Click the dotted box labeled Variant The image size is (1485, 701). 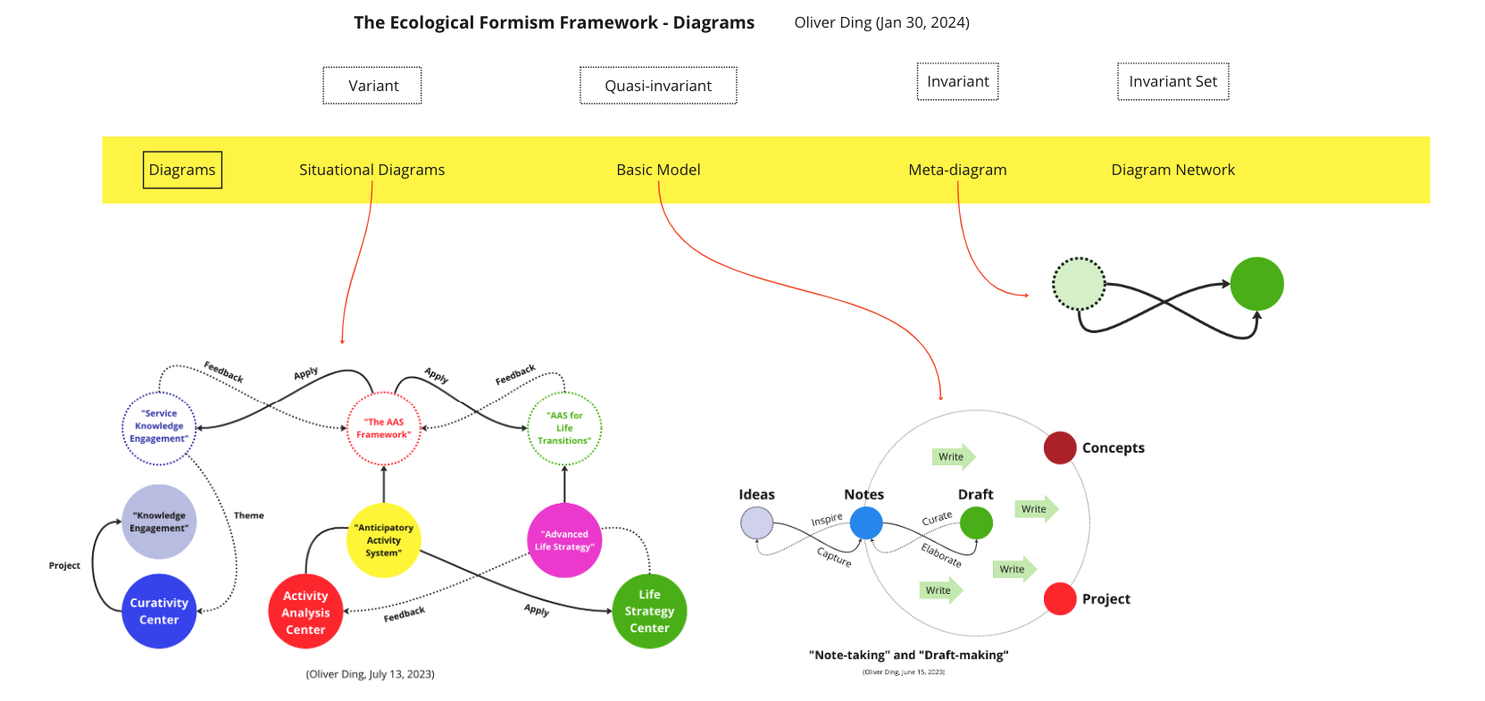(372, 86)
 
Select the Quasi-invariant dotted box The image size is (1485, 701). (658, 86)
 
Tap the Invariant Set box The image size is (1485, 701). (1172, 81)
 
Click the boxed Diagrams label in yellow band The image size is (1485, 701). (182, 170)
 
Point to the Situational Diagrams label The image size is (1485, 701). (371, 170)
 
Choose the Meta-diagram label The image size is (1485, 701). (957, 170)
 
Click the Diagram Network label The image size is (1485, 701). (1172, 170)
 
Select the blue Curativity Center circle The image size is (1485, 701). (159, 611)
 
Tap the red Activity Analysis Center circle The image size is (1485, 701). (305, 613)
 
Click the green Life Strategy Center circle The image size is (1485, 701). (649, 611)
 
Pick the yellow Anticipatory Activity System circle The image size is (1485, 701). (383, 540)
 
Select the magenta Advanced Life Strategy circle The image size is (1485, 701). (564, 540)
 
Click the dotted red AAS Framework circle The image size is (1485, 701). (383, 429)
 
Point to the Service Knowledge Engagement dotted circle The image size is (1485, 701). (159, 427)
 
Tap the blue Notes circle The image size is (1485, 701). (865, 522)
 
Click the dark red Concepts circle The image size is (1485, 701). (1060, 447)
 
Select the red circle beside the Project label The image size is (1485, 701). (1060, 598)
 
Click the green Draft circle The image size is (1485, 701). (976, 522)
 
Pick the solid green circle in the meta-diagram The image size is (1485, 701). (1256, 284)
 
